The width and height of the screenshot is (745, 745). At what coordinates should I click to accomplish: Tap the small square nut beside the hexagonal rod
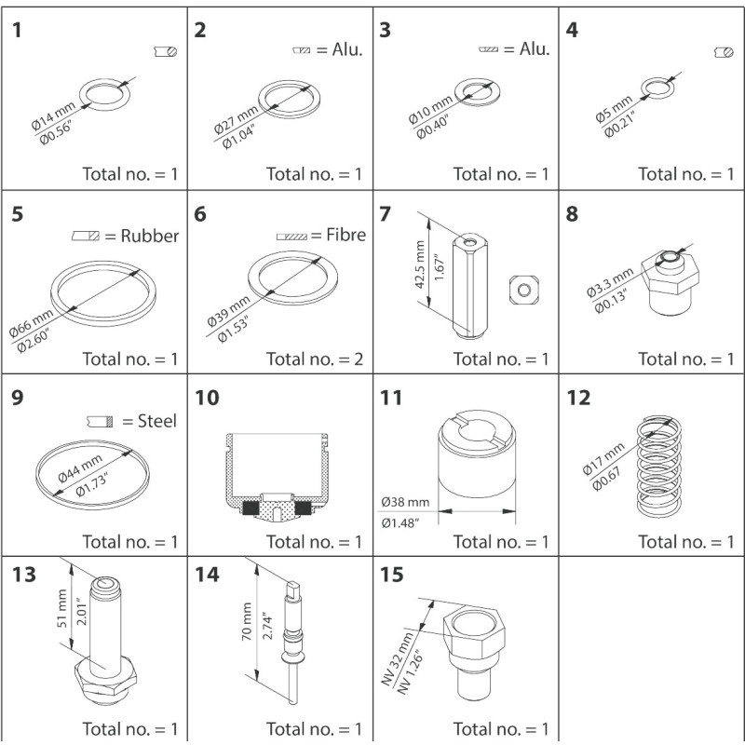click(x=524, y=290)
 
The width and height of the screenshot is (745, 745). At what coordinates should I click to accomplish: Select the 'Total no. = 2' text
click(x=313, y=359)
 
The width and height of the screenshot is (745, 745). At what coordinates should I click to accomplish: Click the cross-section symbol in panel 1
click(x=165, y=54)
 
